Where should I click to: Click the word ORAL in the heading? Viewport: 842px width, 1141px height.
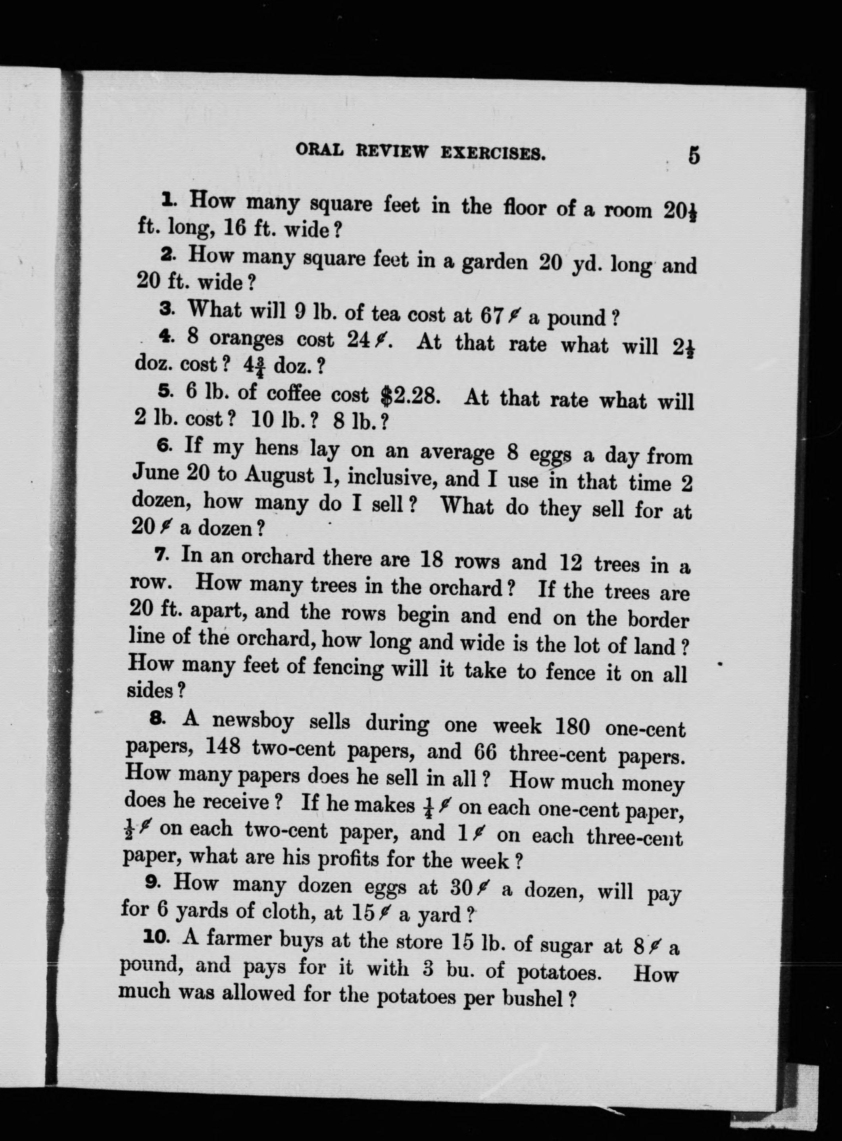[319, 150]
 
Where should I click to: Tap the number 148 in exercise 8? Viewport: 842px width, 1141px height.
[223, 747]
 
